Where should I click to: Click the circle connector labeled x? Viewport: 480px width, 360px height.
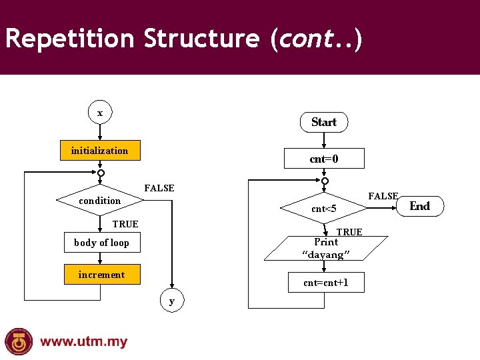coord(100,113)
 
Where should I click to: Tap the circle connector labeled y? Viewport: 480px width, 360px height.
coord(172,301)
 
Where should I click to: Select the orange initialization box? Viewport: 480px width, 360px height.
coord(100,151)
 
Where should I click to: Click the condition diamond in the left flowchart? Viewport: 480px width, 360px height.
coord(100,200)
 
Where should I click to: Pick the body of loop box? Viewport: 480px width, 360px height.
coord(101,243)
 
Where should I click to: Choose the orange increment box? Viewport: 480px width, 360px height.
coord(101,275)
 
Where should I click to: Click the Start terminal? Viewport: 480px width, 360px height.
coord(324,122)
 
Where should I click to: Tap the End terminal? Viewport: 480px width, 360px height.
coord(419,206)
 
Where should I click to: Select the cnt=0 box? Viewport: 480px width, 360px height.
coord(324,159)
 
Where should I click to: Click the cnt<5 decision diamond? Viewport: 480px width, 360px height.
coord(324,209)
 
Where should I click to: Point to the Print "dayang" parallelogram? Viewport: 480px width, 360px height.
coord(325,248)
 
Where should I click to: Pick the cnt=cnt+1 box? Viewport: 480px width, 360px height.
coord(325,283)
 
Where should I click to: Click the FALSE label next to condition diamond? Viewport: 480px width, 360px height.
coord(159,189)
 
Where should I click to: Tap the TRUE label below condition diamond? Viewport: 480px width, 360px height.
coord(125,224)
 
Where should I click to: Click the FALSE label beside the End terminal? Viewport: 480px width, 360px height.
coord(383,196)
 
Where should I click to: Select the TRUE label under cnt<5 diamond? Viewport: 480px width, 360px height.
coord(349,232)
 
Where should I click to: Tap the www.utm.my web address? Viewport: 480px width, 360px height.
coord(83,342)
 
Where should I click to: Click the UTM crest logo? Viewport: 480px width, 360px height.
coord(19,341)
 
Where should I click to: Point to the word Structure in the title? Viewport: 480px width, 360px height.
coord(201,39)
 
